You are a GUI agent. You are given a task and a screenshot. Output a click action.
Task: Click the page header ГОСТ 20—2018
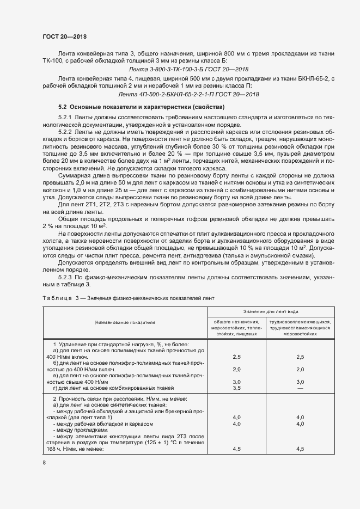pyautogui.click(x=64, y=37)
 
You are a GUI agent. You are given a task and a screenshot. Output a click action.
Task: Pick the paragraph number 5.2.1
pyautogui.click(x=66, y=118)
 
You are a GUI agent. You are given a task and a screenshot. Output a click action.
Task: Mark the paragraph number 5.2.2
pyautogui.click(x=66, y=132)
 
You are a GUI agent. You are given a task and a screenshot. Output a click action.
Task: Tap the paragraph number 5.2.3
pyautogui.click(x=66, y=277)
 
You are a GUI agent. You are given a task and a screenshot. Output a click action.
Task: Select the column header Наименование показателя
pyautogui.click(x=125, y=322)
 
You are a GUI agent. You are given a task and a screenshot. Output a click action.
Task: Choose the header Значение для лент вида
pyautogui.click(x=270, y=312)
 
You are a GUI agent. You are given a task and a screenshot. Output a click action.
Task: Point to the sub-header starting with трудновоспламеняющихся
pyautogui.click(x=300, y=322)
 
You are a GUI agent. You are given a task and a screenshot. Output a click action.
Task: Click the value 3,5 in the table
pyautogui.click(x=236, y=388)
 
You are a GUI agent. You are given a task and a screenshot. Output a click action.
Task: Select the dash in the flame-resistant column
pyautogui.click(x=300, y=388)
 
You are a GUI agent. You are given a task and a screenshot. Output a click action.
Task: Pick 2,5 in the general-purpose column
pyautogui.click(x=236, y=357)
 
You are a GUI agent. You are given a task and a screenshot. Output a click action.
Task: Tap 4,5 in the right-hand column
pyautogui.click(x=300, y=449)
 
